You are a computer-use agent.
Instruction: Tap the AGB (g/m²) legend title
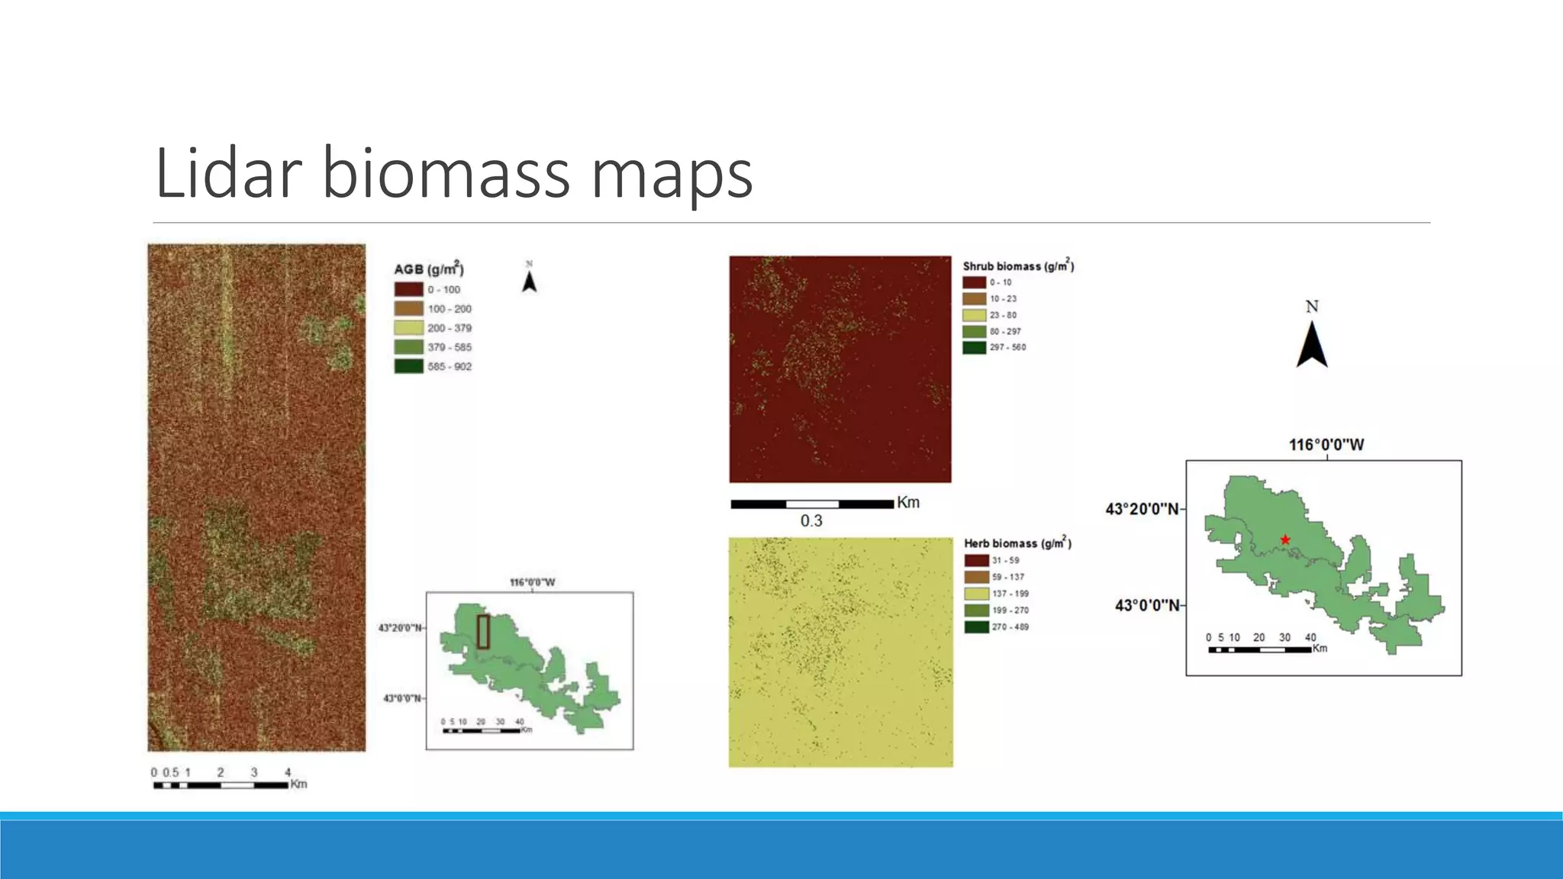coord(428,269)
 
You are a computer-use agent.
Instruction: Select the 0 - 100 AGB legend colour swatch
coord(408,290)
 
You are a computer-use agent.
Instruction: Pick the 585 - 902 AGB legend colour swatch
coord(408,366)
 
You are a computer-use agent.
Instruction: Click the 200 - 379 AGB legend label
coord(450,328)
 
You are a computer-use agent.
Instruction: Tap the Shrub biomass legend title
coord(1018,266)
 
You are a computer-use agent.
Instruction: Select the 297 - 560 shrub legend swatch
coord(974,347)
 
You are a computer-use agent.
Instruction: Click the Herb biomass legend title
coord(1017,543)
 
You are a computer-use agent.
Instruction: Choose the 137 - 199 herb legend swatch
coord(976,594)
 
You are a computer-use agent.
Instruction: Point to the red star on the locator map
coord(1285,540)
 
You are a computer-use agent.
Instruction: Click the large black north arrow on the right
coord(1312,344)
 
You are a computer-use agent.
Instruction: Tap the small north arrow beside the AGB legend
coord(529,281)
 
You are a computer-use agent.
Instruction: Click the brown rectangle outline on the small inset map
coord(483,632)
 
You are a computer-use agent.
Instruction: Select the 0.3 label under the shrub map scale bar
coord(811,521)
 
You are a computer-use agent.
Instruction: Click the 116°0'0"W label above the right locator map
coord(1326,445)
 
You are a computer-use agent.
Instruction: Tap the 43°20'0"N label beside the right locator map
coord(1142,509)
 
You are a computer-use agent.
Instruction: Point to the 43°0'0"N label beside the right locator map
coord(1146,606)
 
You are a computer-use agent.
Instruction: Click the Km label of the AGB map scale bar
coord(298,784)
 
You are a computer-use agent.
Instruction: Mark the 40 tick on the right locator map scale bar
coord(1310,637)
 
